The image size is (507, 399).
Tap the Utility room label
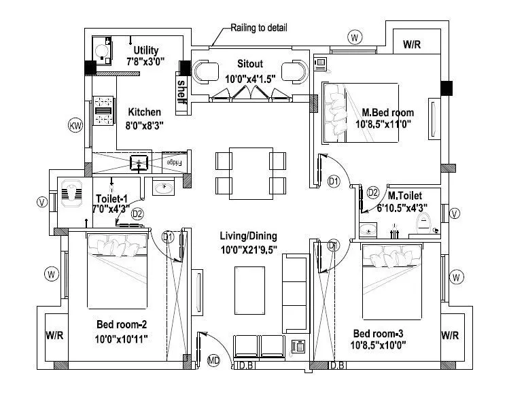coord(146,50)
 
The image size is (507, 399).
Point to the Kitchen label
coord(144,112)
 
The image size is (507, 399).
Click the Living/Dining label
coord(248,236)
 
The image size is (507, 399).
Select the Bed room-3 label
coord(379,334)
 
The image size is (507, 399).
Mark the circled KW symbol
coord(75,125)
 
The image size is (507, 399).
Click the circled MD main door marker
coord(213,360)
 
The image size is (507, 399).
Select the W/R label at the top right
coord(412,45)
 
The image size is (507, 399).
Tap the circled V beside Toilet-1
coord(42,202)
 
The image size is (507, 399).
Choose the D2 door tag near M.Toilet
coord(372,193)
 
